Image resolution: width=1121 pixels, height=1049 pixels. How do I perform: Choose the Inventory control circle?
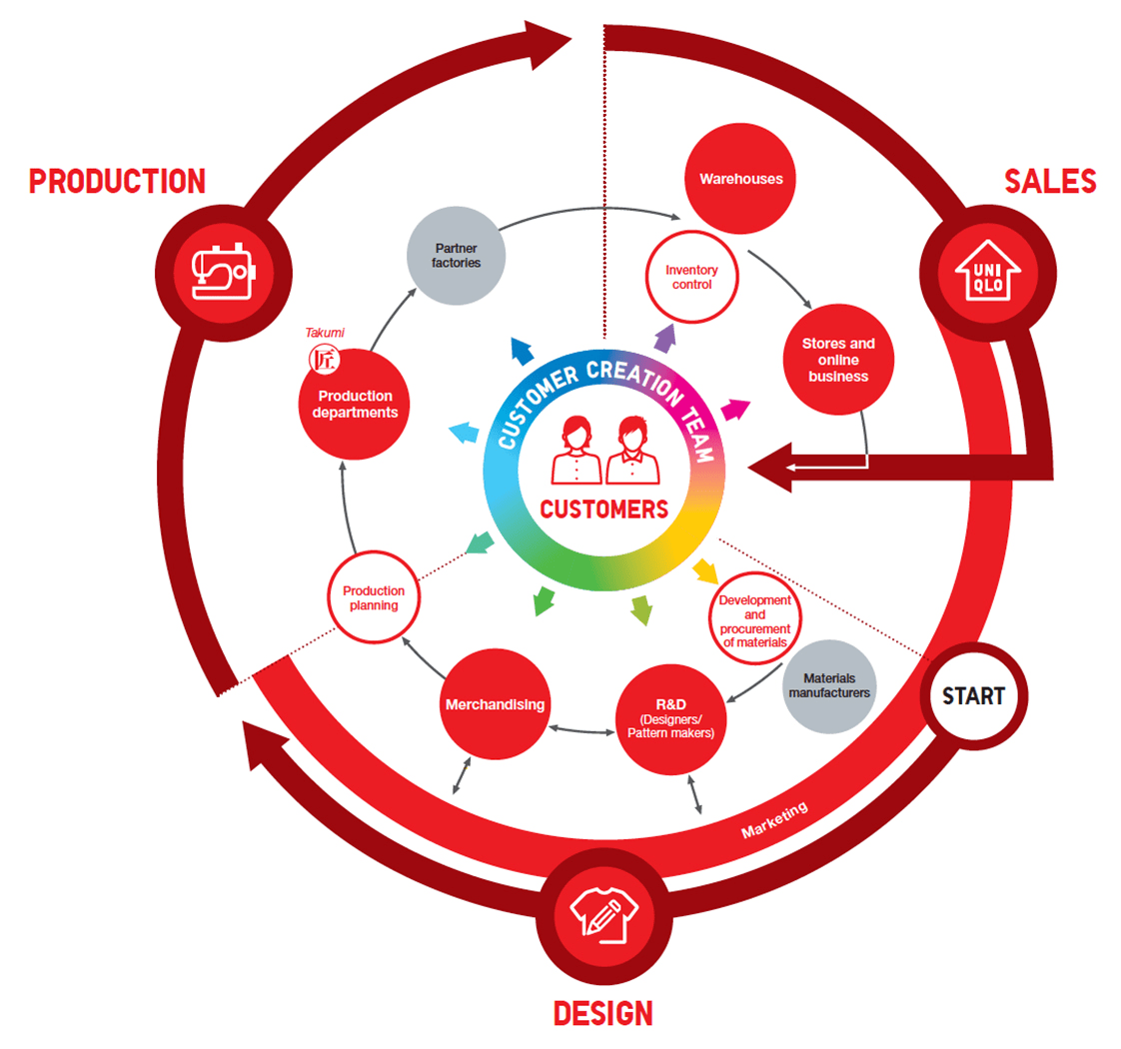coord(688,277)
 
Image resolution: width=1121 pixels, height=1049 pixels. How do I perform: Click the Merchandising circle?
coord(496,704)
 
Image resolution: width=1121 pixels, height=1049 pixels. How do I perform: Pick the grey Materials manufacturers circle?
coord(829,685)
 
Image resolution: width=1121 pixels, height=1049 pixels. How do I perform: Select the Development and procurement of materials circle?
coord(755,620)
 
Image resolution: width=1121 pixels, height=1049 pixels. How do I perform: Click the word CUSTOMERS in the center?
coord(603,510)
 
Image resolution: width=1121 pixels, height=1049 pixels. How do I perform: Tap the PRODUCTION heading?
coord(117,181)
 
